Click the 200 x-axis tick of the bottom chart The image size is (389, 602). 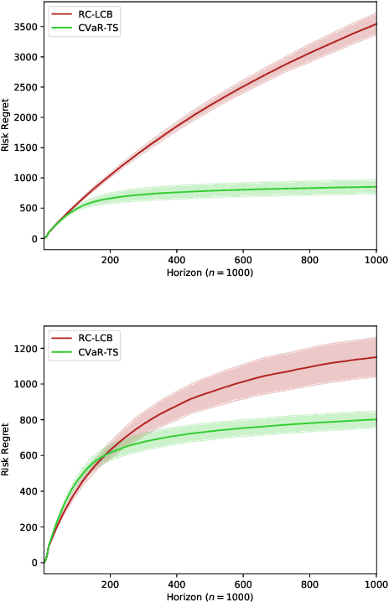point(110,584)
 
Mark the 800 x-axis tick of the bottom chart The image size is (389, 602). point(309,584)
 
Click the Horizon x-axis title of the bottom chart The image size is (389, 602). point(210,596)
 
